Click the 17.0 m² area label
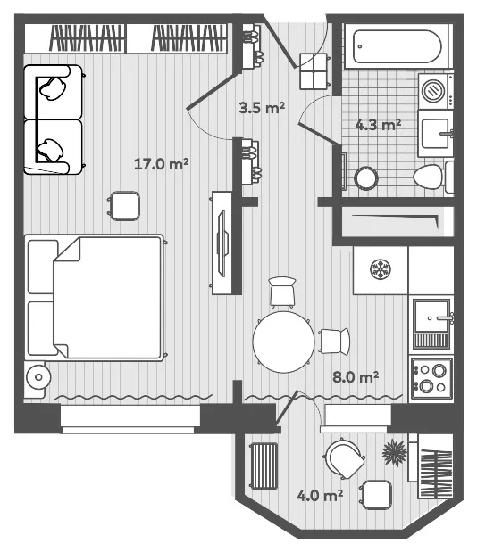pyautogui.click(x=161, y=164)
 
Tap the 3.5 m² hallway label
pyautogui.click(x=262, y=107)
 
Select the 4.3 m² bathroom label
pyautogui.click(x=378, y=125)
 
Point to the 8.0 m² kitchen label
pyautogui.click(x=356, y=377)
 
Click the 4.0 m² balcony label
pyautogui.click(x=320, y=495)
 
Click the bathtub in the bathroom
pyautogui.click(x=397, y=46)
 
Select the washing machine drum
pyautogui.click(x=433, y=90)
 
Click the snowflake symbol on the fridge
pyautogui.click(x=380, y=269)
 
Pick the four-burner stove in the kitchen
pyautogui.click(x=431, y=378)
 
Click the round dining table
pyautogui.click(x=283, y=342)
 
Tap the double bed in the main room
pyautogui.click(x=95, y=298)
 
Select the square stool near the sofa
pyautogui.click(x=124, y=206)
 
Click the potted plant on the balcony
pyautogui.click(x=395, y=452)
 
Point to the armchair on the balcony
pyautogui.click(x=345, y=458)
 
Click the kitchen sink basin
pyautogui.click(x=431, y=316)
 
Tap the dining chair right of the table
pyautogui.click(x=334, y=341)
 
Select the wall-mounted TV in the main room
pyautogui.click(x=222, y=243)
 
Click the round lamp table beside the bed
pyautogui.click(x=38, y=377)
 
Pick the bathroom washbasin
pyautogui.click(x=436, y=134)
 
